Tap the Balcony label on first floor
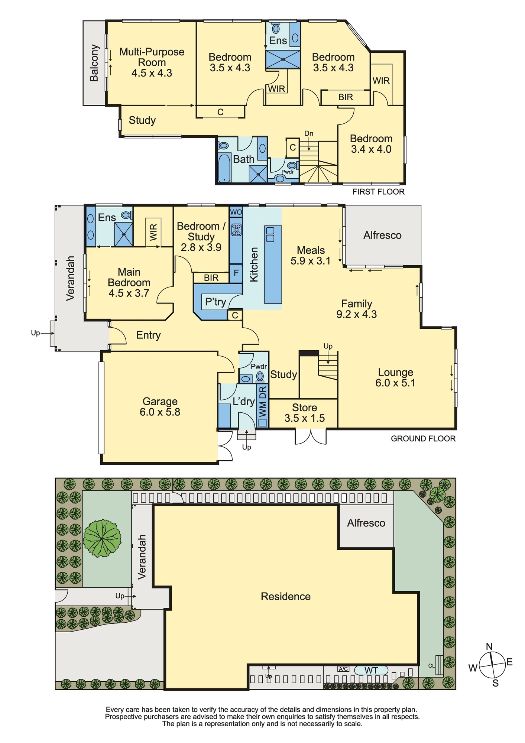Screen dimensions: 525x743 point(94,63)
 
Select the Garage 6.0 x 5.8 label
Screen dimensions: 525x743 point(160,406)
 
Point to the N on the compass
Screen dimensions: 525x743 point(489,647)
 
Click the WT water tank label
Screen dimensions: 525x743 point(371,671)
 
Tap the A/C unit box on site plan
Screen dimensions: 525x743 point(343,669)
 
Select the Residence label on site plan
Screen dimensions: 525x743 point(286,597)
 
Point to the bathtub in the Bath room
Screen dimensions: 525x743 point(224,169)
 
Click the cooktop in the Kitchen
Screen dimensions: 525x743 point(236,230)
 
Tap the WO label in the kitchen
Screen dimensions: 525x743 point(236,212)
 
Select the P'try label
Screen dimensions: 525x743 point(215,302)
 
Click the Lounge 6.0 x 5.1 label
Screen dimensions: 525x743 point(395,377)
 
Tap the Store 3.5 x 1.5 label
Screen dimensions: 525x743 point(304,413)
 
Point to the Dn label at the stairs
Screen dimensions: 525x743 point(309,133)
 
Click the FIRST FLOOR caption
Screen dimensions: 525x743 point(378,192)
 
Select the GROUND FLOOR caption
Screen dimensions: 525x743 point(423,439)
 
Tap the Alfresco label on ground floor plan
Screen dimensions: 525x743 point(382,235)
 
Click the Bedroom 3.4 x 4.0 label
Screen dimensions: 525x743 point(371,144)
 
